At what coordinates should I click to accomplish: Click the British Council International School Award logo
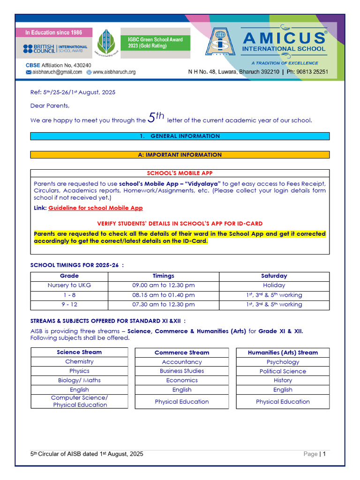[x=55, y=49]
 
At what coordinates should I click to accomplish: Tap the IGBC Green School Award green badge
[x=155, y=43]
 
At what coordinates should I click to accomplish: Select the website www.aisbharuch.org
[x=113, y=72]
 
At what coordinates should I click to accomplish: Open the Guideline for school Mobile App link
[x=96, y=208]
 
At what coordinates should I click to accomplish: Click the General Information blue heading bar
[x=180, y=136]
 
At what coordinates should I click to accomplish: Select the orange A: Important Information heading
[x=180, y=155]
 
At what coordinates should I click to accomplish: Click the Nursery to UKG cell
[x=69, y=285]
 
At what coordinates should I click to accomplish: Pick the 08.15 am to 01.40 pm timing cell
[x=164, y=295]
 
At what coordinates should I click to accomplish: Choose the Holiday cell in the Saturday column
[x=274, y=285]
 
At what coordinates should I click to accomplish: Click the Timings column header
[x=164, y=276]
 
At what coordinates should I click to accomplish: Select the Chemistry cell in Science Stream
[x=79, y=361]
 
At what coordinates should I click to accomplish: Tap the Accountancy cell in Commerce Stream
[x=182, y=362]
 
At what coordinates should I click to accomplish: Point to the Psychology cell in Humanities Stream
[x=283, y=362]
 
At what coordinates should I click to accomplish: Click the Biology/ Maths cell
[x=79, y=380]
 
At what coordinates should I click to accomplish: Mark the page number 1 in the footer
[x=324, y=454]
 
